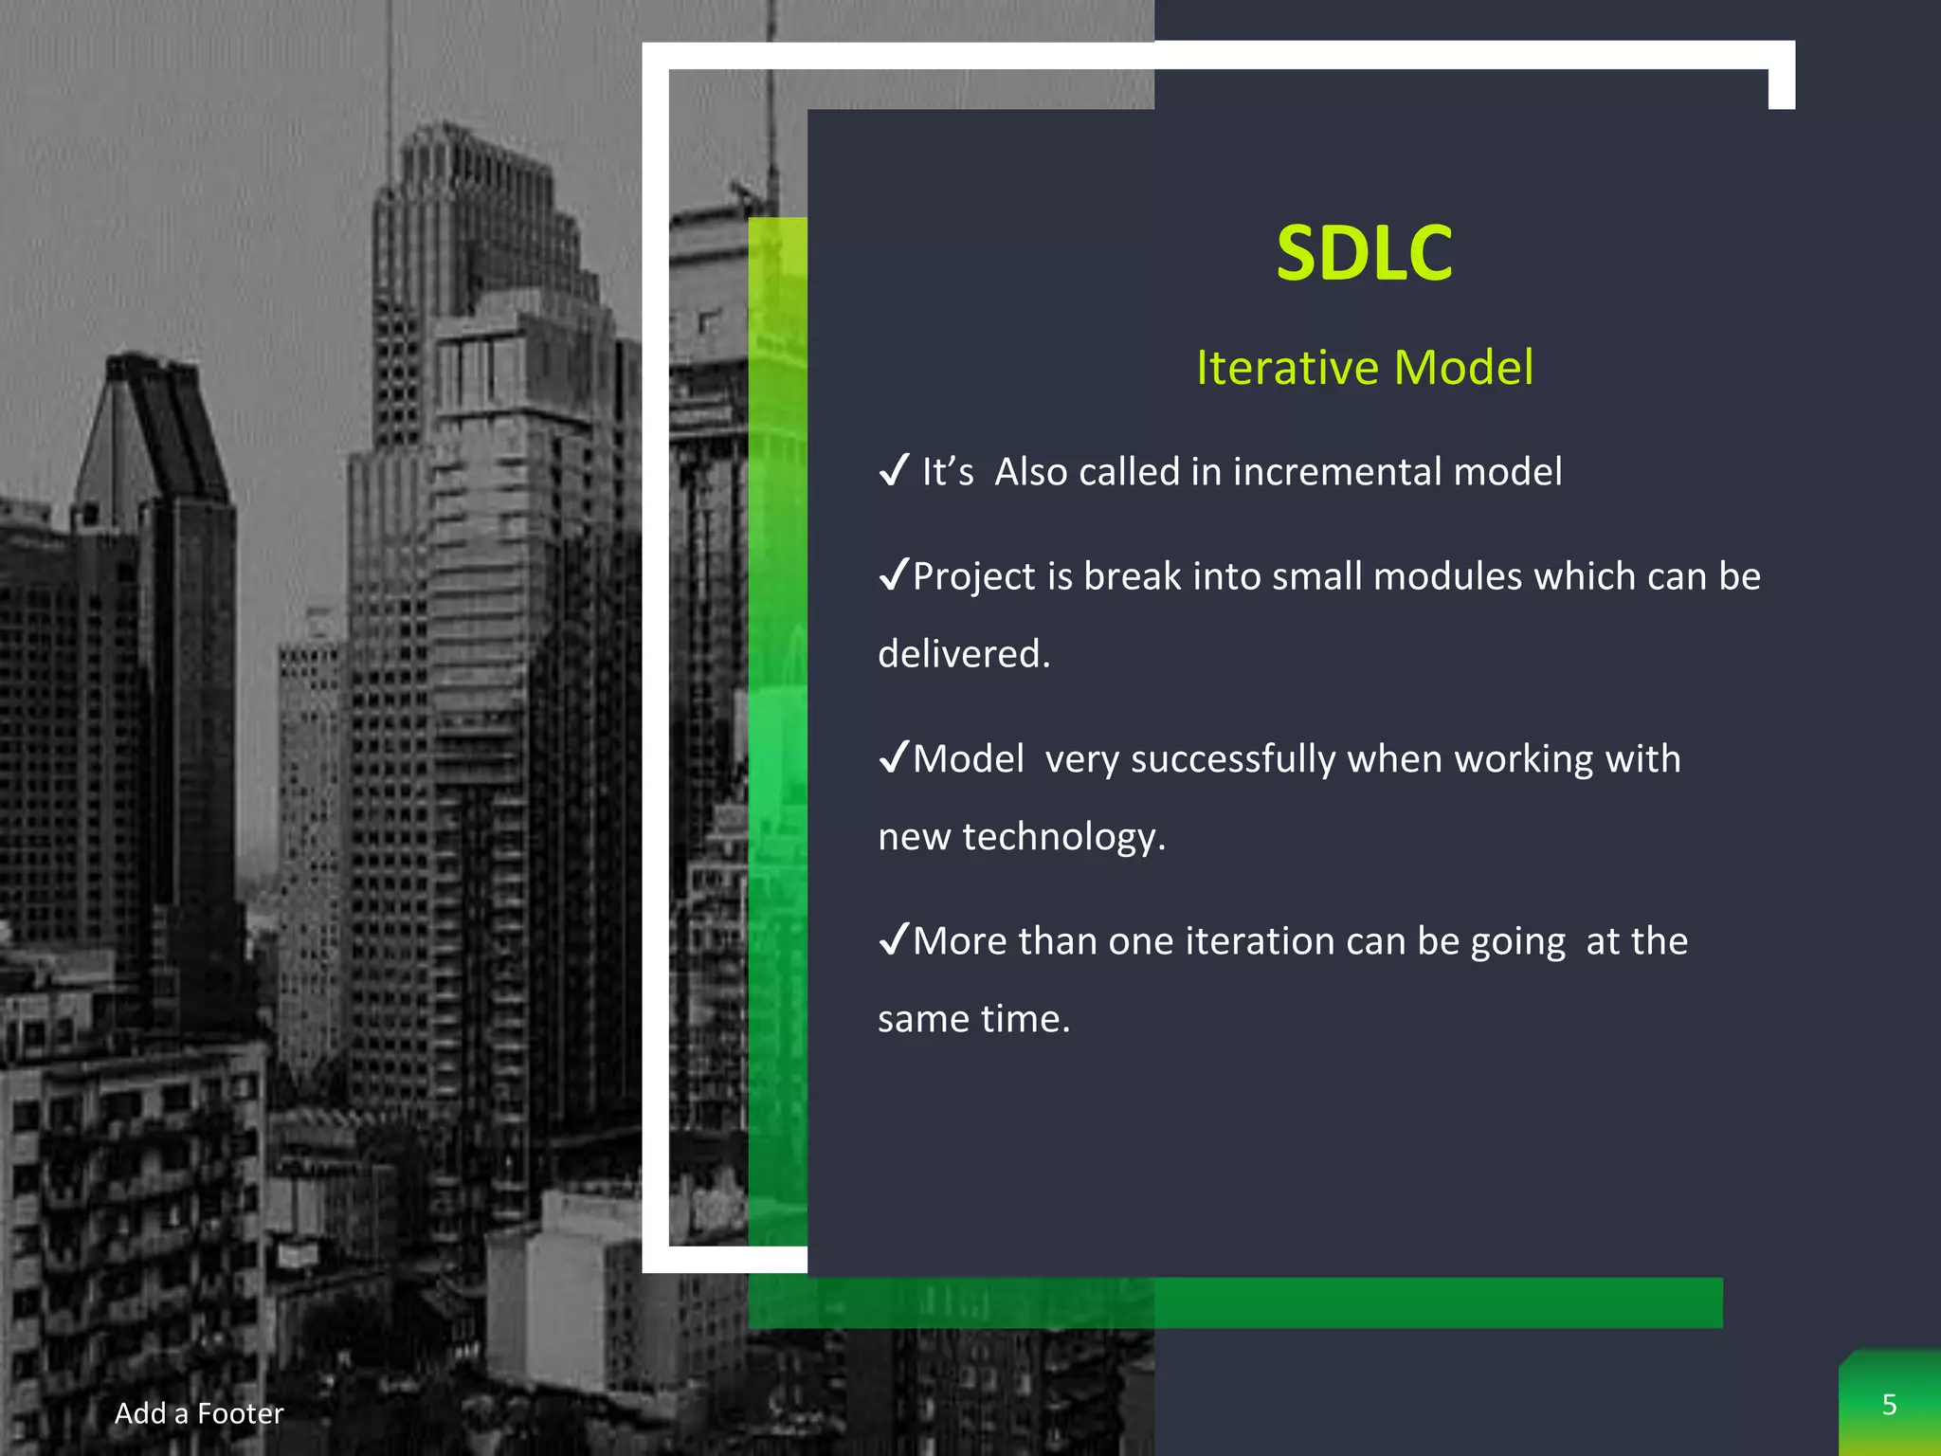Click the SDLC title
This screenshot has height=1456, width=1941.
(x=1364, y=253)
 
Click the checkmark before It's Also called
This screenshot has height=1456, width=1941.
(x=894, y=470)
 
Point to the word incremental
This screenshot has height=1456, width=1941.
(x=1336, y=472)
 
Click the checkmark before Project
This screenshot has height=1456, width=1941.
(x=894, y=574)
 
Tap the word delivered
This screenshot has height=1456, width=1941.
(x=963, y=654)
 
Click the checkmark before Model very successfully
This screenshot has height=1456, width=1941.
(x=894, y=757)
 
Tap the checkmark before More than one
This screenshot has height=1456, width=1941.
(x=894, y=939)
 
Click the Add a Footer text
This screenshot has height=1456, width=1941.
(x=199, y=1413)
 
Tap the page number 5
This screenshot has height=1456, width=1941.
(x=1889, y=1405)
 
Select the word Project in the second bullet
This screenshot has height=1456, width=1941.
(x=973, y=576)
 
